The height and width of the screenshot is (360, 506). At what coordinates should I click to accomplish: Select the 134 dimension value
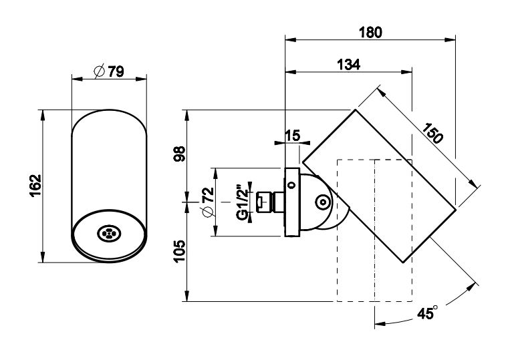[x=348, y=64]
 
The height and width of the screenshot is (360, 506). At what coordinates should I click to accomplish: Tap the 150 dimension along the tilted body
[x=432, y=134]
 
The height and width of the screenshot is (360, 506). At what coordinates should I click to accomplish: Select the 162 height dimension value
[x=35, y=186]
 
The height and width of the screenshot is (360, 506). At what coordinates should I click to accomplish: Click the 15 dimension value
[x=292, y=136]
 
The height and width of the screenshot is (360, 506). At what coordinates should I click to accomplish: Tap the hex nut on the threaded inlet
[x=265, y=200]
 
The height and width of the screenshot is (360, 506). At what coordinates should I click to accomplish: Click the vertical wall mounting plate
[x=292, y=202]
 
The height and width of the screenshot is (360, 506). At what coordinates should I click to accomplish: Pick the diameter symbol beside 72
[x=206, y=211]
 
